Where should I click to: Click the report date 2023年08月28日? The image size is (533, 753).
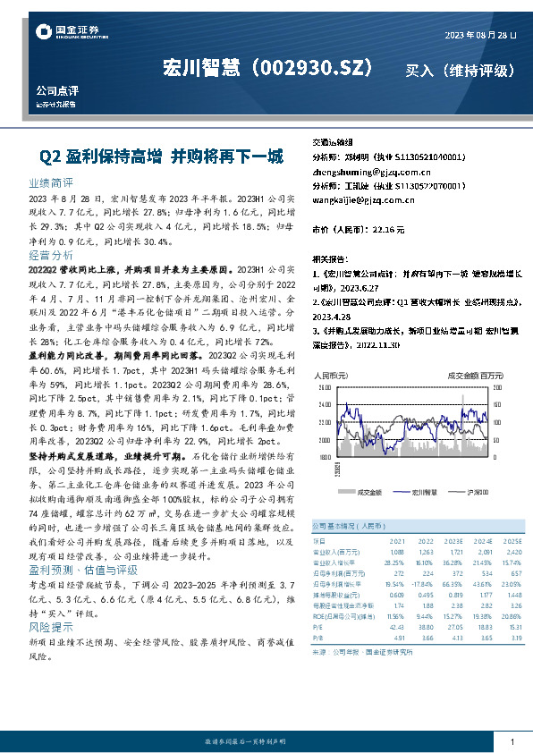[480, 35]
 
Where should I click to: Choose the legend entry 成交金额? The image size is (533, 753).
[368, 491]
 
